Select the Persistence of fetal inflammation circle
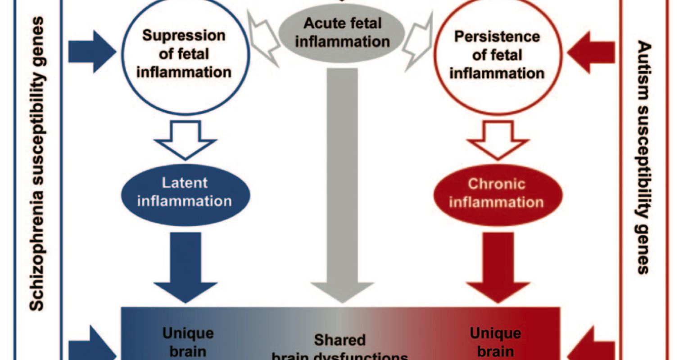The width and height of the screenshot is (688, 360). click(497, 54)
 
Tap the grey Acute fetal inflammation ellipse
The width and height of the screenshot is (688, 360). click(342, 32)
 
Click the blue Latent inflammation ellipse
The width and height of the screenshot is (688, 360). click(185, 192)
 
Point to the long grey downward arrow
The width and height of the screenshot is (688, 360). click(342, 180)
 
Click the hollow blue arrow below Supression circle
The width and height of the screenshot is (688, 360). click(185, 139)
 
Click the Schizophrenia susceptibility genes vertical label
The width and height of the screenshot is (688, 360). click(38, 164)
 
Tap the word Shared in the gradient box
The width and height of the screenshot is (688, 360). click(340, 340)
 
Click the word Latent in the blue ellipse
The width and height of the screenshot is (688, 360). click(185, 183)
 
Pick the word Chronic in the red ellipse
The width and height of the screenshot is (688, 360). click(496, 184)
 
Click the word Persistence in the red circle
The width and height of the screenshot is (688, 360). click(497, 36)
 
